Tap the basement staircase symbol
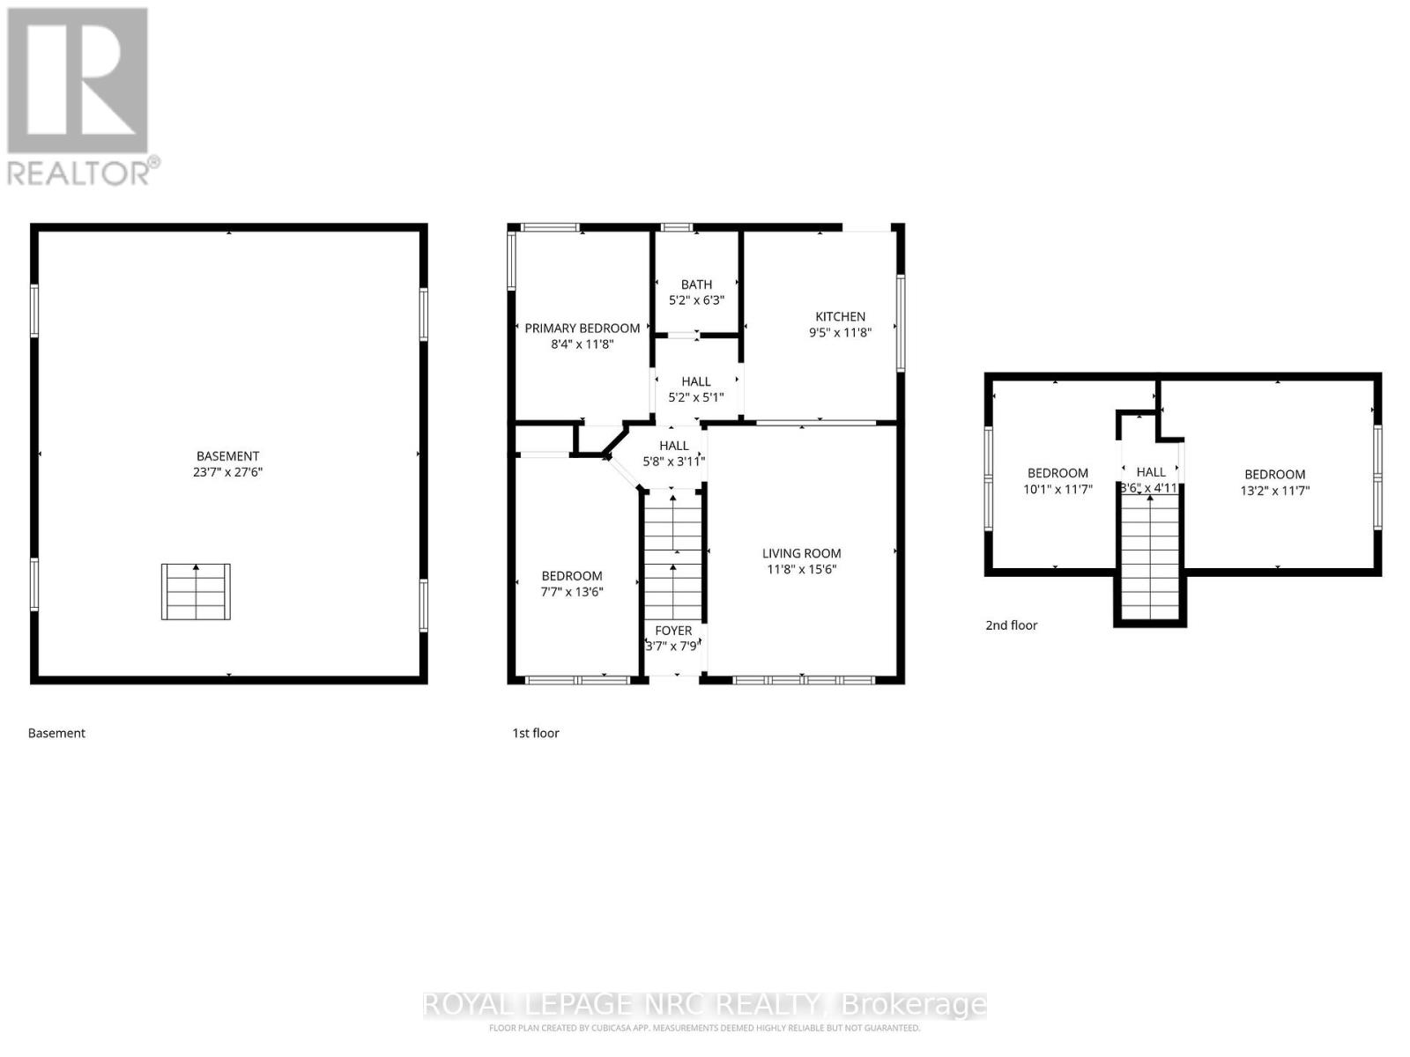[196, 592]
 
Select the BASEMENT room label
[227, 456]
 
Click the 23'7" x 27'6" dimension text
[227, 472]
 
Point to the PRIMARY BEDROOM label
[582, 329]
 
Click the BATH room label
[696, 285]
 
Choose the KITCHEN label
[840, 317]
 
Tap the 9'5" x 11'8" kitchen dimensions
[840, 333]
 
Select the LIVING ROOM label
[801, 553]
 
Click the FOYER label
[673, 631]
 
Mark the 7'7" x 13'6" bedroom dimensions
[572, 592]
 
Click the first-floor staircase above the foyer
[673, 555]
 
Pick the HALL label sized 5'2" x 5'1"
[696, 381]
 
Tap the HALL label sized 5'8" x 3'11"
[674, 446]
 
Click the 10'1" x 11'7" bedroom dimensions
[1057, 489]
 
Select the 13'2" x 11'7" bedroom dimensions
[1274, 490]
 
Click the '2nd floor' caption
[1011, 625]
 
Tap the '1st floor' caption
[536, 733]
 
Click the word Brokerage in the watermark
[913, 1005]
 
